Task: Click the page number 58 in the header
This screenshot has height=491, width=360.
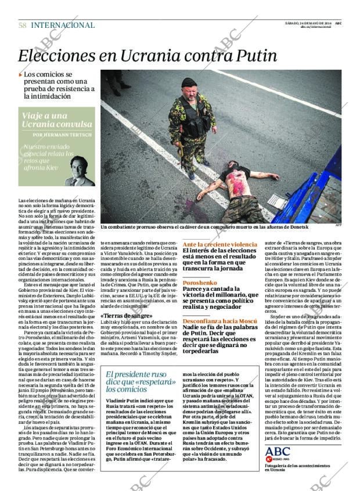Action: tap(22, 26)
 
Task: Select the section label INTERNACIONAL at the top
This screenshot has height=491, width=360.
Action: tap(63, 26)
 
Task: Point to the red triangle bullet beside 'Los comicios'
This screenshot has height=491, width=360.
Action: tap(20, 75)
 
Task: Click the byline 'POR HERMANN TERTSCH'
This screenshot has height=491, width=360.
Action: tap(63, 135)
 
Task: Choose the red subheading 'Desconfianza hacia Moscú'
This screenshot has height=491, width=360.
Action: tap(221, 320)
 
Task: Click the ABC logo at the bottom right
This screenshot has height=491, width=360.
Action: tap(278, 452)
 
